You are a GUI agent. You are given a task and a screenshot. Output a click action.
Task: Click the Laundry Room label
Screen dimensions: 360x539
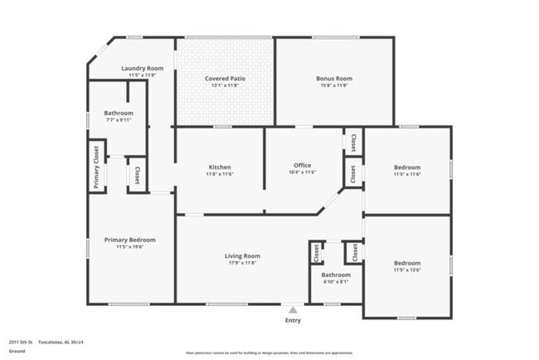pos(143,68)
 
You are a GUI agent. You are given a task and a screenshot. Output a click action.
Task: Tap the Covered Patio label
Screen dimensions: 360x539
pos(226,79)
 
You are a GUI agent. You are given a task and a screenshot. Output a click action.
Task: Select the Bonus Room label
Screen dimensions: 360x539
pos(334,79)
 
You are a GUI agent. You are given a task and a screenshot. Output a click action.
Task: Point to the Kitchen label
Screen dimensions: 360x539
pos(220,167)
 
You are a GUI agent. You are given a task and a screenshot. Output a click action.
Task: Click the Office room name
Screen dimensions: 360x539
pos(303,165)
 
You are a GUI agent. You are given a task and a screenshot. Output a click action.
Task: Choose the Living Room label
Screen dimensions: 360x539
pos(243,256)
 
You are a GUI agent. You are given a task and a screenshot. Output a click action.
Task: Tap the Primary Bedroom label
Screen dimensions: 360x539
pos(130,240)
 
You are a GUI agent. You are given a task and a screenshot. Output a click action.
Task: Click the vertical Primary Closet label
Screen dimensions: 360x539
pos(96,167)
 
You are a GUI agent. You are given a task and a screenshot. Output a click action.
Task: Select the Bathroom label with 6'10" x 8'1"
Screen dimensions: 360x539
pos(336,275)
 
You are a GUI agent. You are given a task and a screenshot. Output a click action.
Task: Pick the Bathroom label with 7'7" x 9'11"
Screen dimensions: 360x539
pos(119,113)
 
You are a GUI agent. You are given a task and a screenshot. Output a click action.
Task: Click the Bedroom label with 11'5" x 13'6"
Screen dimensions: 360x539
pos(406,263)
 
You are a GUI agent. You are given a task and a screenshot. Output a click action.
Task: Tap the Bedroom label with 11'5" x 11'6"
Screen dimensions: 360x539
pos(406,168)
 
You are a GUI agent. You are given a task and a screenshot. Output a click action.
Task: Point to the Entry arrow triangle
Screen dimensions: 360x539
pos(293,310)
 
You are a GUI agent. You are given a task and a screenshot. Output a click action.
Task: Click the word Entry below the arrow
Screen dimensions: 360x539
pos(293,320)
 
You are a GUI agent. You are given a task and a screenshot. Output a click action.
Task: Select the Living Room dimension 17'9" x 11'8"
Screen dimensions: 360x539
pos(243,263)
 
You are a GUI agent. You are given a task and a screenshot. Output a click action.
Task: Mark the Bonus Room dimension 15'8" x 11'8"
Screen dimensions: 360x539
pos(334,85)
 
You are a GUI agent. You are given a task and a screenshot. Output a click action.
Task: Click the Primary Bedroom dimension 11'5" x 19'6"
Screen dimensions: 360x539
pos(130,246)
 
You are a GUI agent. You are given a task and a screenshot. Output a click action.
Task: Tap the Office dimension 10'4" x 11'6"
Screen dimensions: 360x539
pos(303,172)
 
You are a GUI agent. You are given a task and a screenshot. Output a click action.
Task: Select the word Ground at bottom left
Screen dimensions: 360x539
pos(17,351)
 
